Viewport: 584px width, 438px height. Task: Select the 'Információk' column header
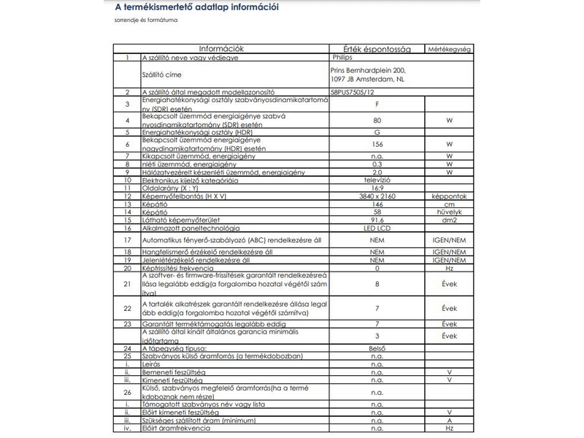click(222, 49)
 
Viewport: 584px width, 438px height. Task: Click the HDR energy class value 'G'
click(377, 132)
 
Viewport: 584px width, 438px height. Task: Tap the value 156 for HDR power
click(377, 144)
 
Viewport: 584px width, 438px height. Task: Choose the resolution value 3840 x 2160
click(377, 196)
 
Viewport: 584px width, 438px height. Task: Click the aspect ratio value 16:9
click(377, 188)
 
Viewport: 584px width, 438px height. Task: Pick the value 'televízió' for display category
click(377, 180)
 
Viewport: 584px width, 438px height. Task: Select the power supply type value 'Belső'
click(377, 348)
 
